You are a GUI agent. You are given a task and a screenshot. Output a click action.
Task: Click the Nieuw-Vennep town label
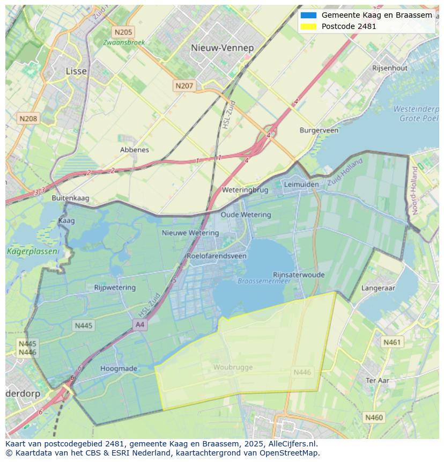click(222, 48)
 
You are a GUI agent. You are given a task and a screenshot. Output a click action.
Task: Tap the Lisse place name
click(76, 71)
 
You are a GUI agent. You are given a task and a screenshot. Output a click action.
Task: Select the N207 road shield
click(184, 85)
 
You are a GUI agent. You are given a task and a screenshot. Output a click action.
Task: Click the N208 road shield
click(28, 118)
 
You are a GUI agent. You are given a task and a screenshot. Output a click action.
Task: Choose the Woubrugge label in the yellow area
click(233, 367)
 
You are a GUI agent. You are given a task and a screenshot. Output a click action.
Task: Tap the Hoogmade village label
click(119, 369)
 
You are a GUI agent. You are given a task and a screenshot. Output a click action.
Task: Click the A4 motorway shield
click(140, 325)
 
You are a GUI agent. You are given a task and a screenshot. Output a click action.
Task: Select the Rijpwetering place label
click(115, 288)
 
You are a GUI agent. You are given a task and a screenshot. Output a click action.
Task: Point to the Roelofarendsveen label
click(217, 256)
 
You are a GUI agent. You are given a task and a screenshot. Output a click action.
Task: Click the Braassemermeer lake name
click(264, 281)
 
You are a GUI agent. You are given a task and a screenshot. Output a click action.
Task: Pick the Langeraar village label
click(378, 288)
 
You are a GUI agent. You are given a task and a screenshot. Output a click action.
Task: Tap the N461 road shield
click(392, 342)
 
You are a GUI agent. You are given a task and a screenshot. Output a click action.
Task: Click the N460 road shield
click(374, 417)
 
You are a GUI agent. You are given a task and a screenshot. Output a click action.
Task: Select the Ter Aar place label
click(377, 380)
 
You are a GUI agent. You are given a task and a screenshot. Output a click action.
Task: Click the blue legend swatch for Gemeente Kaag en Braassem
click(309, 16)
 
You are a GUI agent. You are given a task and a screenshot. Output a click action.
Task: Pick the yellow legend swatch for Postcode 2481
click(309, 26)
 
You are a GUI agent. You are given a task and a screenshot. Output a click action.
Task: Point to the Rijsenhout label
click(390, 68)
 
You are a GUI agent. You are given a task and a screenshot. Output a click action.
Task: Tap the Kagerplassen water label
click(25, 251)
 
